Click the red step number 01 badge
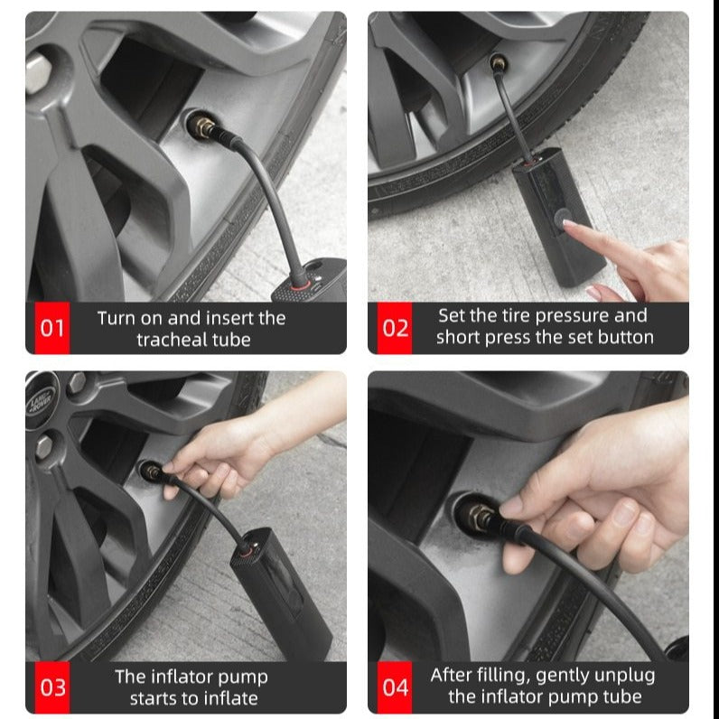(x=52, y=328)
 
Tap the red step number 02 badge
(x=395, y=328)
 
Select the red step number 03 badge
(x=52, y=686)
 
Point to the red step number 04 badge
(x=395, y=686)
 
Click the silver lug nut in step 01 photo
(x=38, y=72)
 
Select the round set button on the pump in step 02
(x=561, y=219)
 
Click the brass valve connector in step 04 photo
(x=481, y=518)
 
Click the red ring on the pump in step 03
(x=247, y=550)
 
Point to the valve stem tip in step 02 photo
(x=498, y=62)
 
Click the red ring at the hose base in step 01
(x=300, y=286)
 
